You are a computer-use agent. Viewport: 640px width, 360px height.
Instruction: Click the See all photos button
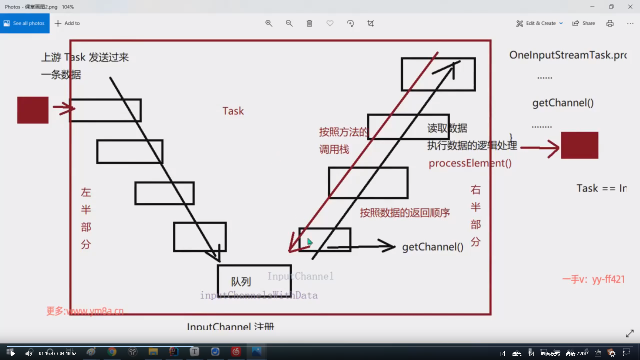(x=25, y=23)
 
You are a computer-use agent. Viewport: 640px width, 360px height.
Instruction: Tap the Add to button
(x=67, y=23)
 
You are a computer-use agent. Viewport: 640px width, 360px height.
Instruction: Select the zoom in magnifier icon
(x=269, y=23)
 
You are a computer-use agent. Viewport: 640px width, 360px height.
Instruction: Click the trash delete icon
(x=309, y=23)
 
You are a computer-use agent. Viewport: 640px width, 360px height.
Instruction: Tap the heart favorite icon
(x=330, y=23)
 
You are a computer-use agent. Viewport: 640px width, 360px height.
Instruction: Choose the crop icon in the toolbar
(x=371, y=23)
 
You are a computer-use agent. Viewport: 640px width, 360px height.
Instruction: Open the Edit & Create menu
(x=540, y=23)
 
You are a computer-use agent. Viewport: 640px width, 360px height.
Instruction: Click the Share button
(x=584, y=23)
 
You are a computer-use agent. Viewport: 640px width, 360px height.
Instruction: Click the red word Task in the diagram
(x=233, y=111)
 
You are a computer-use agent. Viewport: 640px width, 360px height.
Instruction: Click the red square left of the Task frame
(x=33, y=110)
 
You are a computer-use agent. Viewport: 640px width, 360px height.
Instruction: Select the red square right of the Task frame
(x=579, y=145)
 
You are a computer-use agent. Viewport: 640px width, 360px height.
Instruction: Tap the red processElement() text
(x=470, y=163)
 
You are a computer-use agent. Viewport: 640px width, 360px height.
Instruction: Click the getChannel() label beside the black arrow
(x=432, y=247)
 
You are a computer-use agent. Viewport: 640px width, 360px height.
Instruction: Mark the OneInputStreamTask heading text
(x=568, y=55)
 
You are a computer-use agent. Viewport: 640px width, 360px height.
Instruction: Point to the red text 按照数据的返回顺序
(x=405, y=213)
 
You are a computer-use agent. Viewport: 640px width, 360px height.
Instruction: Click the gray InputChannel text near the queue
(x=300, y=276)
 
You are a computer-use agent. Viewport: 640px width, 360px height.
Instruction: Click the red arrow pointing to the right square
(x=540, y=148)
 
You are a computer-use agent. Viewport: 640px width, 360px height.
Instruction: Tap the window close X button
(x=630, y=7)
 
